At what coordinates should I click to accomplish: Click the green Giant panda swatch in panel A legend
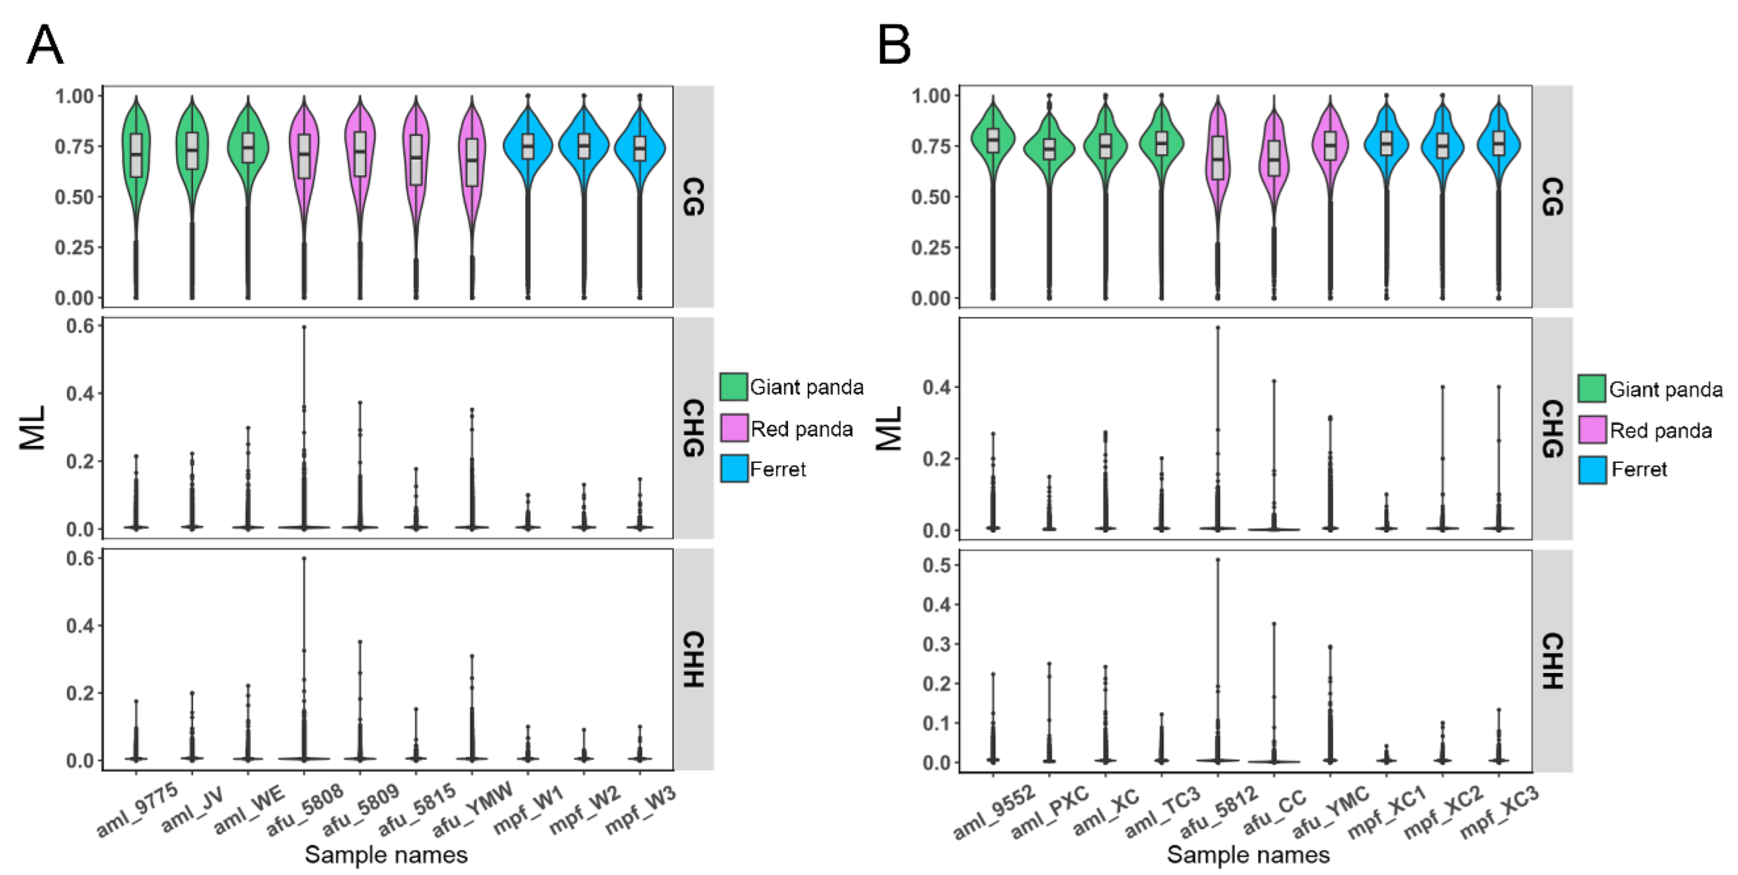click(734, 386)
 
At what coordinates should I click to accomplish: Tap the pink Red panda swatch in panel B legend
click(1592, 430)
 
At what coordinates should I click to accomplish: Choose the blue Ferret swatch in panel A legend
click(734, 468)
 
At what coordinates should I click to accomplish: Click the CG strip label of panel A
click(694, 196)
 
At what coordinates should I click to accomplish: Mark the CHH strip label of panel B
click(1552, 660)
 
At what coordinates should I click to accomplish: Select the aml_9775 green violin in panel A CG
click(136, 155)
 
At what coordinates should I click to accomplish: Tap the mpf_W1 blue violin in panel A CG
click(527, 147)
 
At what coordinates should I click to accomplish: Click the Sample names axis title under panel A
click(386, 854)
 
